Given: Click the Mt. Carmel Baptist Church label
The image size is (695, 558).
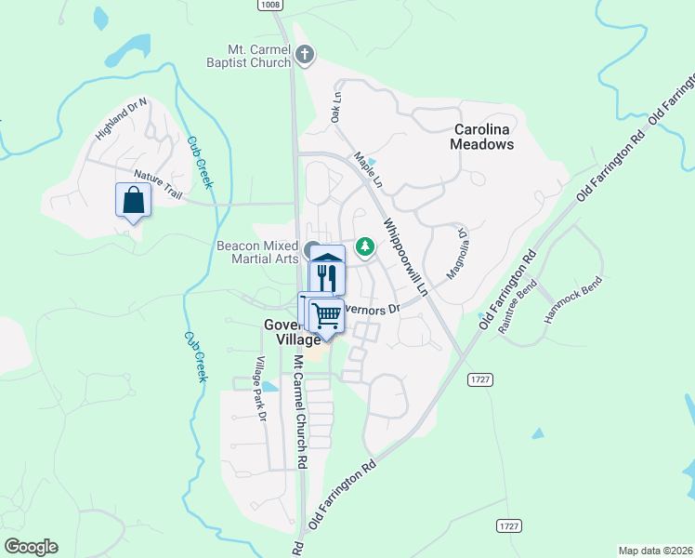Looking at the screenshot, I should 249,56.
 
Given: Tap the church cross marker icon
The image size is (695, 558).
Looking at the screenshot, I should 304,56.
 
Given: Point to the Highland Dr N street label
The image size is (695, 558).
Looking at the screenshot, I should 122,119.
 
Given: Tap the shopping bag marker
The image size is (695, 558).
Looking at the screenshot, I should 133,199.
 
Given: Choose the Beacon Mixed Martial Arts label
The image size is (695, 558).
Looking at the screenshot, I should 257,252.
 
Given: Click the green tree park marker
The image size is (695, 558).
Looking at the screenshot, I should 366,246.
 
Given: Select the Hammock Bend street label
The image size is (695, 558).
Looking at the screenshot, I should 573,299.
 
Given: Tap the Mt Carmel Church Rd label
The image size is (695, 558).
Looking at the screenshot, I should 300,410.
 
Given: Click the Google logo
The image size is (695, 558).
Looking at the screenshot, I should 31,547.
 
